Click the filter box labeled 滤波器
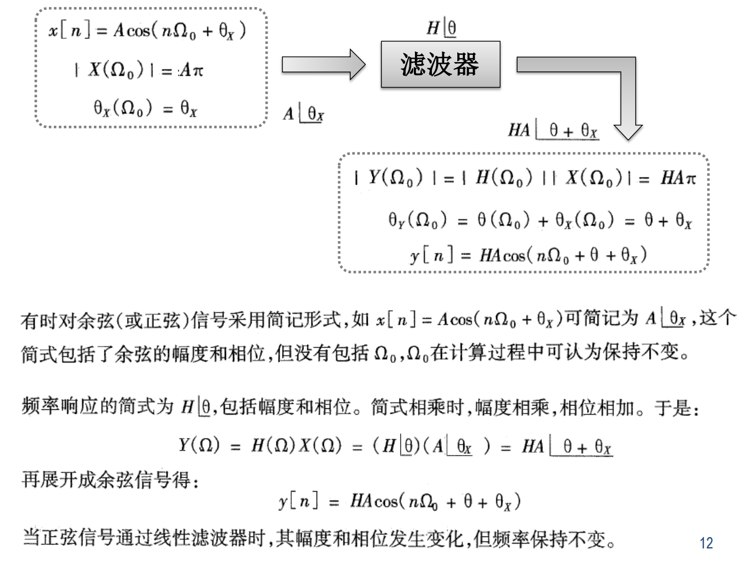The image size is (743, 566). [440, 64]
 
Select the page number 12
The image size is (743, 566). [706, 543]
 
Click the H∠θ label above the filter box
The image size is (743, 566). [441, 27]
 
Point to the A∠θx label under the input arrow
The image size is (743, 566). [303, 114]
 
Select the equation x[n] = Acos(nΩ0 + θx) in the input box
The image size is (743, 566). [147, 30]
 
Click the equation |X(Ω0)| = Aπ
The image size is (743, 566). [138, 70]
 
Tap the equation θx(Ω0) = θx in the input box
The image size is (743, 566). [145, 108]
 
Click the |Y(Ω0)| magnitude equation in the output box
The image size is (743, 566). [525, 177]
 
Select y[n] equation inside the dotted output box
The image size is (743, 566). [528, 255]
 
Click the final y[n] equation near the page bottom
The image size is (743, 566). [399, 501]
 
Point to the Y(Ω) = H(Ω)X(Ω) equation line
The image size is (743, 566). [395, 446]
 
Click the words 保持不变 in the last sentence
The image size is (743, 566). [569, 539]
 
